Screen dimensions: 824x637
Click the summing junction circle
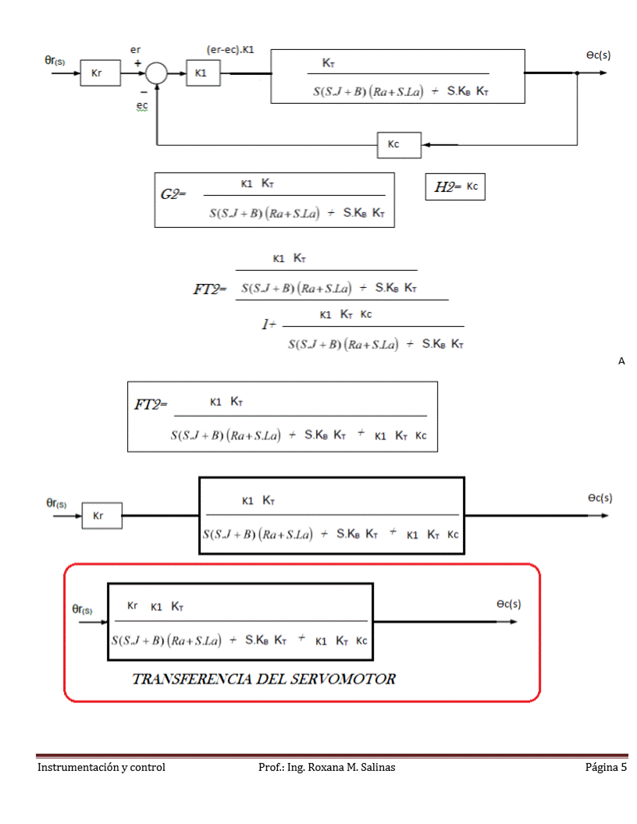tap(156, 74)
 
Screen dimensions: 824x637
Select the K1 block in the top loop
tap(201, 73)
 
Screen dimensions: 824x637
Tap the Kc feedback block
tap(399, 144)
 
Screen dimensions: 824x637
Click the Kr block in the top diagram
tap(97, 74)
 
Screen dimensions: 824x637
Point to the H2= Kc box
tap(455, 186)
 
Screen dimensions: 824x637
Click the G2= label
tap(173, 194)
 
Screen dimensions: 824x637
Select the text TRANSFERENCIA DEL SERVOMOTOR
tap(264, 679)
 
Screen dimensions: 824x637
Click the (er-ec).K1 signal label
tap(230, 50)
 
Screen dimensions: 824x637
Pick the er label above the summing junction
tap(136, 49)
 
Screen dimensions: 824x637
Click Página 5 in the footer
tap(606, 767)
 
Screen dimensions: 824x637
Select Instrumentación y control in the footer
tap(101, 767)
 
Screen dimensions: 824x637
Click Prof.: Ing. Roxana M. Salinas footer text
tap(326, 767)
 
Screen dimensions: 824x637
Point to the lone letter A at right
tap(621, 360)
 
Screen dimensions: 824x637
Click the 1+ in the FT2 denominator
tap(268, 325)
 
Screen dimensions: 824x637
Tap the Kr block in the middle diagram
tap(101, 516)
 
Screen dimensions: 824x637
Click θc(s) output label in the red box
tap(508, 604)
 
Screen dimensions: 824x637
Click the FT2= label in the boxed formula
tap(151, 405)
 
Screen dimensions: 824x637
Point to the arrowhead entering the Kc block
tap(429, 144)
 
